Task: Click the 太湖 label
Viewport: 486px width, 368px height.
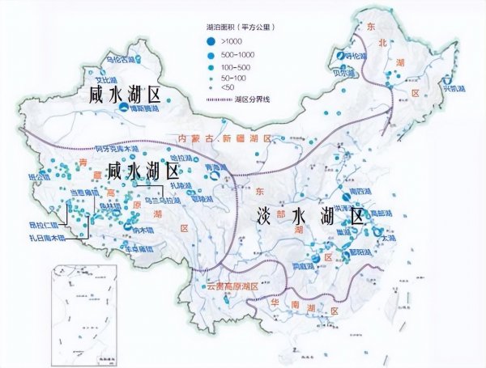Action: [389, 239]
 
